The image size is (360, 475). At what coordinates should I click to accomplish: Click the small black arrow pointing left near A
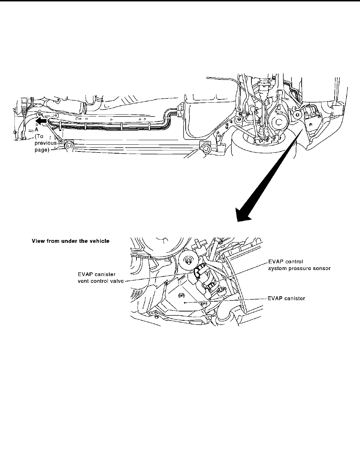[x=41, y=121]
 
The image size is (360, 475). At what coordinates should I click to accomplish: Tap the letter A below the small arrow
[x=36, y=129]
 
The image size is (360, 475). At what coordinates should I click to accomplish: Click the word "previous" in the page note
[x=46, y=143]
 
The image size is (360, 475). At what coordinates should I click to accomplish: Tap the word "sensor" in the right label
[x=321, y=268]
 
